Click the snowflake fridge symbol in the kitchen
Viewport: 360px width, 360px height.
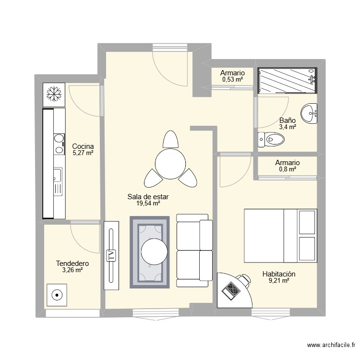(x=54, y=94)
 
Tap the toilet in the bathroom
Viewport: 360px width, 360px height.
(x=271, y=140)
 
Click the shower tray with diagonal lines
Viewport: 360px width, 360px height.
(x=287, y=80)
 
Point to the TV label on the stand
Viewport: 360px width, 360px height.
(x=111, y=255)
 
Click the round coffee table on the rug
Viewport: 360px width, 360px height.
(x=155, y=252)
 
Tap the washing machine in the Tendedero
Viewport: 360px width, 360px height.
(x=58, y=296)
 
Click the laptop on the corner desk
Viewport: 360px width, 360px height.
(x=231, y=290)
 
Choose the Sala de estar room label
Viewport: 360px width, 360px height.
(x=148, y=197)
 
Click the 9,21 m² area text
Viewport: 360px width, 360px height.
(x=278, y=281)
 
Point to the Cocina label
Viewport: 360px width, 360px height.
(x=83, y=146)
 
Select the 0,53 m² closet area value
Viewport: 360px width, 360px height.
(x=232, y=80)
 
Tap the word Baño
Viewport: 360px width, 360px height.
(x=287, y=121)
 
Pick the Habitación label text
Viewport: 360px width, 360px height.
(x=278, y=274)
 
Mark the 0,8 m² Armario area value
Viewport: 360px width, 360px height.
(x=287, y=169)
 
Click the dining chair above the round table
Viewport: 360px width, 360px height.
(x=170, y=140)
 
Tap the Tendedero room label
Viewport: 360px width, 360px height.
(x=72, y=264)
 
